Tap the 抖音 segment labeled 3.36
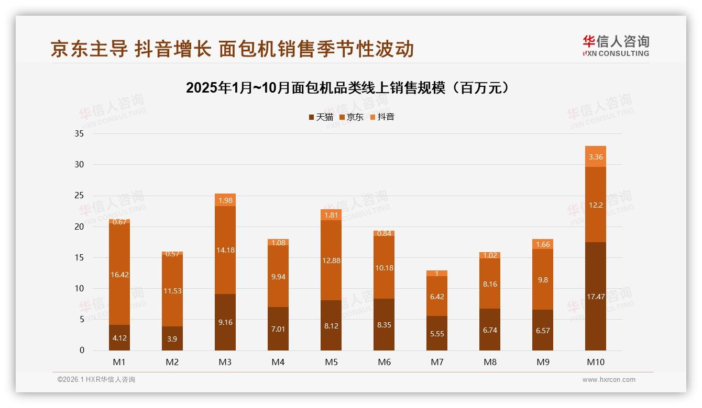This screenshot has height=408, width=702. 595,156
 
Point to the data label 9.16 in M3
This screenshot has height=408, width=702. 225,323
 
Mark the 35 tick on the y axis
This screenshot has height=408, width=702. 79,134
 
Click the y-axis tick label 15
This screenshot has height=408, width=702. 79,257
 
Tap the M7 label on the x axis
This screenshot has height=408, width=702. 437,362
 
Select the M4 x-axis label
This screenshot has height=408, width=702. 278,362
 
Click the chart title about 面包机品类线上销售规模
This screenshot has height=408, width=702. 347,88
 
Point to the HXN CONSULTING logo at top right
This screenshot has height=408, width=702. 616,46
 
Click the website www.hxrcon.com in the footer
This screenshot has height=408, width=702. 609,380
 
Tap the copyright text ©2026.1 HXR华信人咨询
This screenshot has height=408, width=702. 96,380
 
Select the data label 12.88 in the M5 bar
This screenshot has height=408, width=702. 331,260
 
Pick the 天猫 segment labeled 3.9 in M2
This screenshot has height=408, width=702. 172,339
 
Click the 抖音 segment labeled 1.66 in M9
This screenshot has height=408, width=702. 543,244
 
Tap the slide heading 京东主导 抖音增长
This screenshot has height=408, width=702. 131,49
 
